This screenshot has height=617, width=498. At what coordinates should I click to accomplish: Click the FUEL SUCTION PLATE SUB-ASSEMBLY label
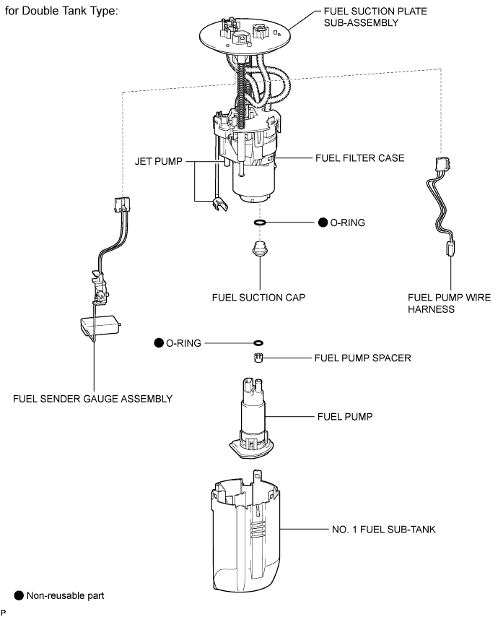pyautogui.click(x=375, y=17)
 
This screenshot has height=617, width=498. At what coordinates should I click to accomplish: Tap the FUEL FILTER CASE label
pyautogui.click(x=359, y=158)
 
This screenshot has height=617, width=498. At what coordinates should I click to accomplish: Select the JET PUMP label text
pyautogui.click(x=158, y=161)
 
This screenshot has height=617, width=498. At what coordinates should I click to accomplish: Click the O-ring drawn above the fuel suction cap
pyautogui.click(x=260, y=223)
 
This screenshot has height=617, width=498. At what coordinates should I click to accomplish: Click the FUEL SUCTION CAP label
pyautogui.click(x=258, y=298)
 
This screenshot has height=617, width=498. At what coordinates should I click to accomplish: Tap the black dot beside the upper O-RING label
pyautogui.click(x=323, y=223)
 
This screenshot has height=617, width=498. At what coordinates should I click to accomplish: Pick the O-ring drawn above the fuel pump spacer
pyautogui.click(x=258, y=343)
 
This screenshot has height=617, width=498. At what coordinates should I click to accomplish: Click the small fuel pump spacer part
pyautogui.click(x=258, y=358)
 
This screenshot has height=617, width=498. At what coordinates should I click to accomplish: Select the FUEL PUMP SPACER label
pyautogui.click(x=362, y=358)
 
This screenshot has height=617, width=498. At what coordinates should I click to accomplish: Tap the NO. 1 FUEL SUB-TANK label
pyautogui.click(x=384, y=530)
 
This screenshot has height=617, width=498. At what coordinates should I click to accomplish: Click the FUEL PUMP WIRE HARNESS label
pyautogui.click(x=449, y=303)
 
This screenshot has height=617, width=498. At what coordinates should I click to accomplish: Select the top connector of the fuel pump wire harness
pyautogui.click(x=442, y=164)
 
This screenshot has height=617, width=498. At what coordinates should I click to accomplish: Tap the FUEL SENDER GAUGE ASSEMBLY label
pyautogui.click(x=93, y=399)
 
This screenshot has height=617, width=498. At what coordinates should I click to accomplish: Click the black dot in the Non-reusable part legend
pyautogui.click(x=19, y=596)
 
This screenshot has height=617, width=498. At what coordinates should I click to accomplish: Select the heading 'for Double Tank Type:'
pyautogui.click(x=61, y=11)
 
